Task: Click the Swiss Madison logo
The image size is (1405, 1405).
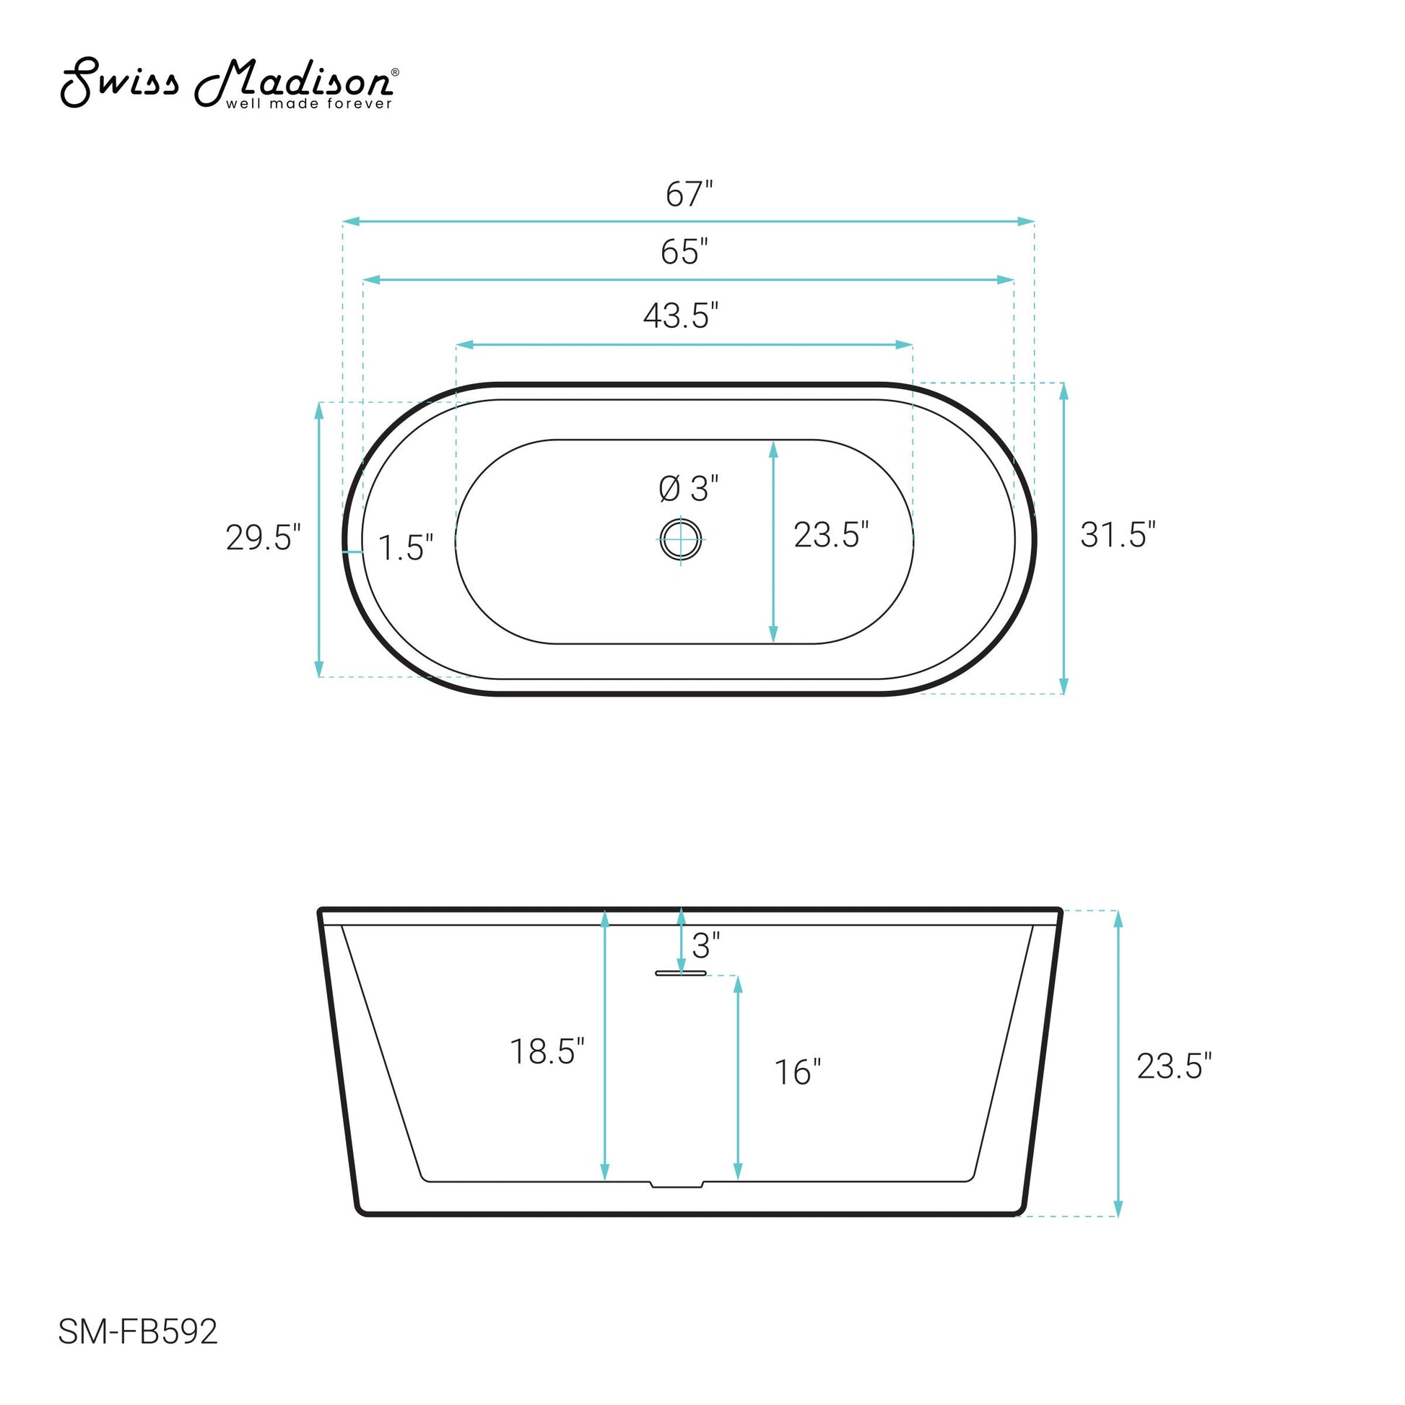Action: tap(229, 83)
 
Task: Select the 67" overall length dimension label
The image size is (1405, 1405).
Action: tap(690, 194)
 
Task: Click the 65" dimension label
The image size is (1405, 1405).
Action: tap(684, 252)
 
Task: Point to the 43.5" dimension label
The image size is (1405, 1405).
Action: tap(682, 316)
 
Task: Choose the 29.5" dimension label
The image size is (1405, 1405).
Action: tap(264, 537)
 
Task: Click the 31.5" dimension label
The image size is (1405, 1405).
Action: tap(1118, 534)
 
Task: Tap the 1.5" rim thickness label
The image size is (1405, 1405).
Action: tap(406, 547)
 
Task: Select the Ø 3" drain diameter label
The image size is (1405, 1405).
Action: tap(689, 489)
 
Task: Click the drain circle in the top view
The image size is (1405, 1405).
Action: tap(682, 539)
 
